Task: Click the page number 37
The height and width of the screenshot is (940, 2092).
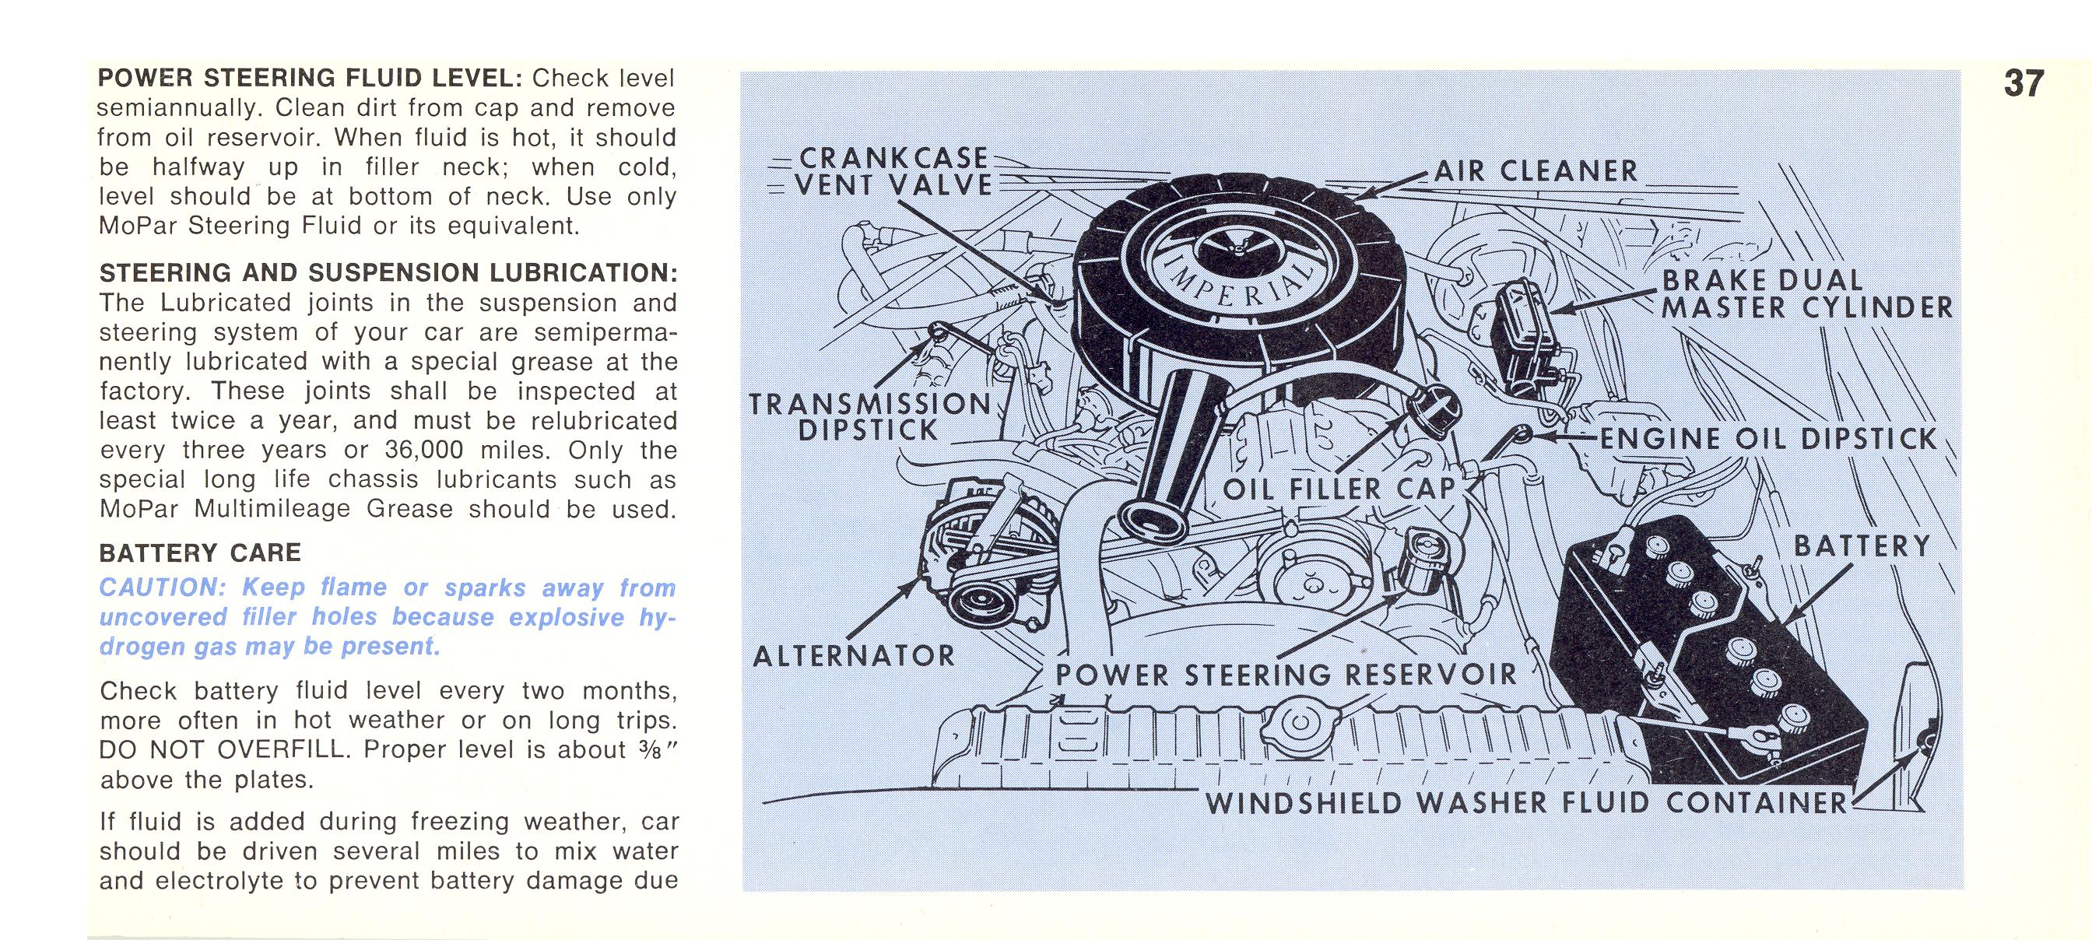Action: click(2024, 84)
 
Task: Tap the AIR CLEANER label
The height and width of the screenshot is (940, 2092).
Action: click(1536, 171)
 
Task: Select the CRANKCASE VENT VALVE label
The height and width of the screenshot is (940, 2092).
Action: click(893, 171)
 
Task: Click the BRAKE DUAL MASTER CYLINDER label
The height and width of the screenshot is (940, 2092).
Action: click(1806, 294)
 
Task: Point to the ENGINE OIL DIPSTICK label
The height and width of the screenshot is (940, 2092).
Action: click(1768, 439)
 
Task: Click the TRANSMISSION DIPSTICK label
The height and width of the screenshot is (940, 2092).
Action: click(869, 416)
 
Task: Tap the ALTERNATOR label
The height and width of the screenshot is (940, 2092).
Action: click(855, 656)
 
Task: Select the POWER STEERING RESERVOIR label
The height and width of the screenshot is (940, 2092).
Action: click(1286, 674)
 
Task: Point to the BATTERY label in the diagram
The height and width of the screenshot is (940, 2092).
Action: click(1862, 546)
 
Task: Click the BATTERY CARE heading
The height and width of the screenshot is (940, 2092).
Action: click(200, 552)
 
